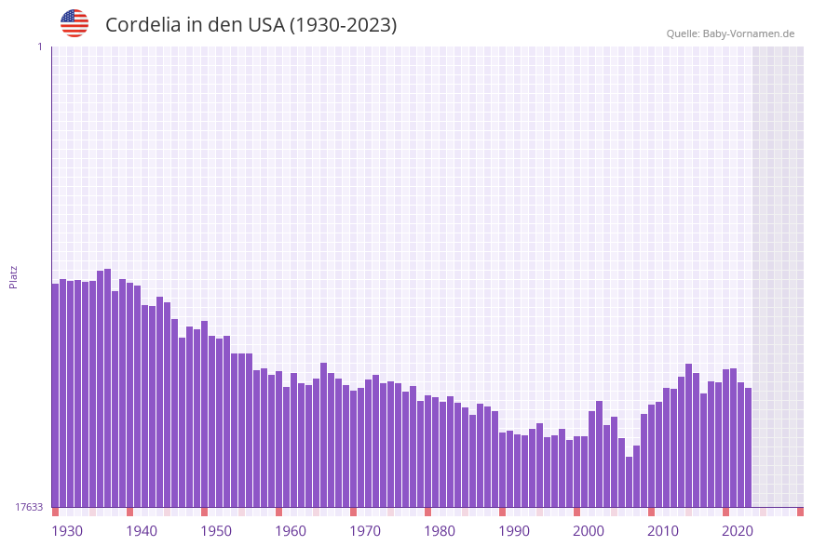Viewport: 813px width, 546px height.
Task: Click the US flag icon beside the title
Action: pos(75,23)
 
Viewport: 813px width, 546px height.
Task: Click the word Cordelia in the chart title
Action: pos(142,25)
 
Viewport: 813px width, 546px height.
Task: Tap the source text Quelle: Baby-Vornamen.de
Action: pos(730,33)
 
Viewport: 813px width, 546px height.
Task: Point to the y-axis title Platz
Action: pos(14,276)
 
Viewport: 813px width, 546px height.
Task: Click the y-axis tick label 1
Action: pos(39,47)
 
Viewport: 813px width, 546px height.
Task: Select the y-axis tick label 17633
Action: pos(30,507)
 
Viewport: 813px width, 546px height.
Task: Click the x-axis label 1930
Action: pos(66,530)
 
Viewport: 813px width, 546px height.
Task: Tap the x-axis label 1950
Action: pos(215,530)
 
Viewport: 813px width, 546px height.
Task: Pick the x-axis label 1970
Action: pos(364,530)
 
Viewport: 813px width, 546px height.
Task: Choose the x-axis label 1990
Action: pos(513,530)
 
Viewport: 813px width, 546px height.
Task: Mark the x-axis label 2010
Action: pos(662,530)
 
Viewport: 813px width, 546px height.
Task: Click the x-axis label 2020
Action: pos(737,530)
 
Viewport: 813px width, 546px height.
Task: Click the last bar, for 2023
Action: pos(748,447)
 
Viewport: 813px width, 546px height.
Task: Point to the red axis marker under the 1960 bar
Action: pos(278,512)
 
